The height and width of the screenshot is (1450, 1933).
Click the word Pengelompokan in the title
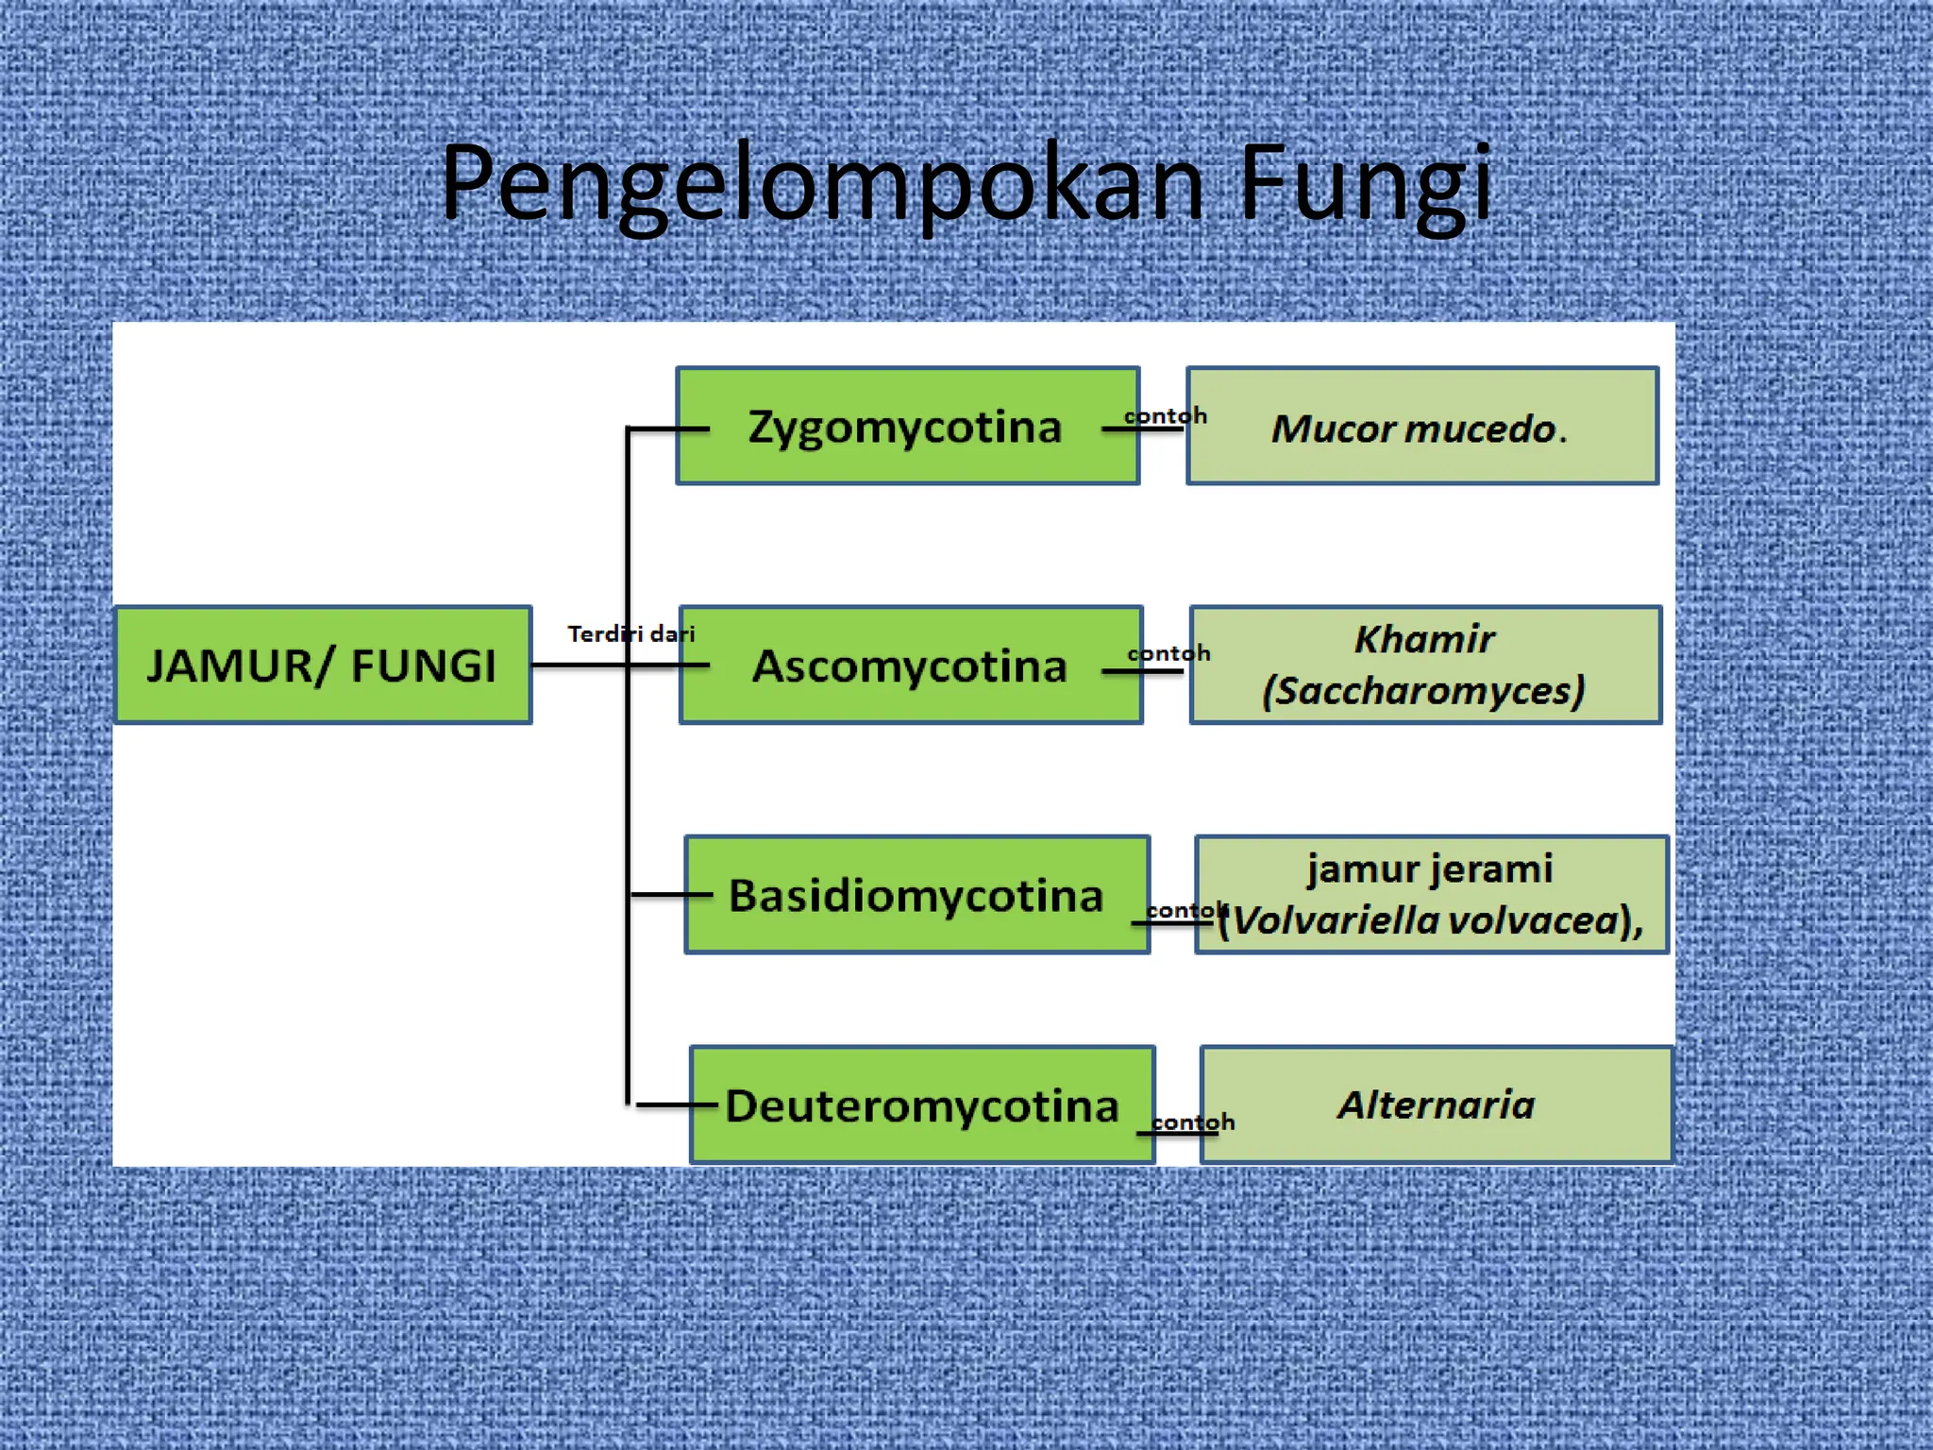822,184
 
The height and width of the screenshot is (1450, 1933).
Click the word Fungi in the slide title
1365,184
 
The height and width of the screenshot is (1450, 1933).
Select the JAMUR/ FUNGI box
323,666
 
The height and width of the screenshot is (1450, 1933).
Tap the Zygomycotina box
907,427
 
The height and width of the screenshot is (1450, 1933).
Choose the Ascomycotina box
911,666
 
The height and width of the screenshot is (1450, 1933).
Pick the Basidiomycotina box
916,895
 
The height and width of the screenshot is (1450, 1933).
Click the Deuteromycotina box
922,1105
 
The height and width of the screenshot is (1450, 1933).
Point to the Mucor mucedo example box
1421,427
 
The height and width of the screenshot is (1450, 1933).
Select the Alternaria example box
1436,1104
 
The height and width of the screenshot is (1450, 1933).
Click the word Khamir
1424,639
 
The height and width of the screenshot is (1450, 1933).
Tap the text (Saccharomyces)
1423,691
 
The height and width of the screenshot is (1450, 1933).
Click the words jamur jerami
1430,868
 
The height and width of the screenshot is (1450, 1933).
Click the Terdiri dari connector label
630,633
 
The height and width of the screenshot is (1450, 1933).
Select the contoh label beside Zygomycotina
1165,415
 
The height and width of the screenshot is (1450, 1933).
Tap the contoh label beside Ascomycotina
1168,653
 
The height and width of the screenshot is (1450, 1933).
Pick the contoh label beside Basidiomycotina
1185,910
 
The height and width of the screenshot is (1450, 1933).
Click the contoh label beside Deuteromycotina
1193,1121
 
